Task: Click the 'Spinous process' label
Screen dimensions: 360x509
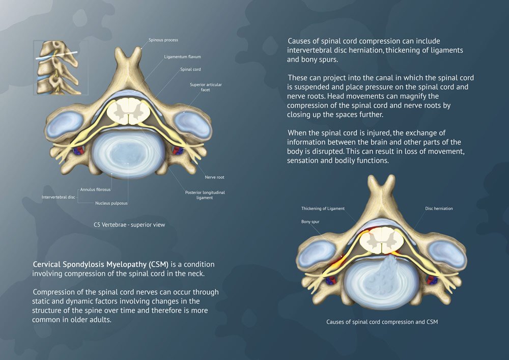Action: pos(163,40)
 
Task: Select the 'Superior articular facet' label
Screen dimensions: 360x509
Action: pos(206,87)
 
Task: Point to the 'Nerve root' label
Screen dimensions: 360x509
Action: pos(214,177)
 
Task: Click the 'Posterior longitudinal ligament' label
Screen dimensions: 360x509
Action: pos(205,195)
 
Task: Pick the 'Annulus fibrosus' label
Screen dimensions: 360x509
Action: pos(95,189)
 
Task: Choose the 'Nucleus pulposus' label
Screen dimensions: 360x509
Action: pos(111,203)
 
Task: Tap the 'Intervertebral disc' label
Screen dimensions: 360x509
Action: pos(59,197)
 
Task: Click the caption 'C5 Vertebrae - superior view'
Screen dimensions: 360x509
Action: pos(129,224)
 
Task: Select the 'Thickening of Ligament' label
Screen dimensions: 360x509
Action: pos(323,209)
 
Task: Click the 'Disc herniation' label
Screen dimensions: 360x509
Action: pos(439,209)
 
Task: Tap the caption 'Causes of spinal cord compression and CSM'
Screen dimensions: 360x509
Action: pos(382,322)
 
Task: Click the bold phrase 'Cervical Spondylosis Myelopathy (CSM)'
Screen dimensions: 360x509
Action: pos(100,264)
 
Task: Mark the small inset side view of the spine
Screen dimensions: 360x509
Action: pos(56,68)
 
